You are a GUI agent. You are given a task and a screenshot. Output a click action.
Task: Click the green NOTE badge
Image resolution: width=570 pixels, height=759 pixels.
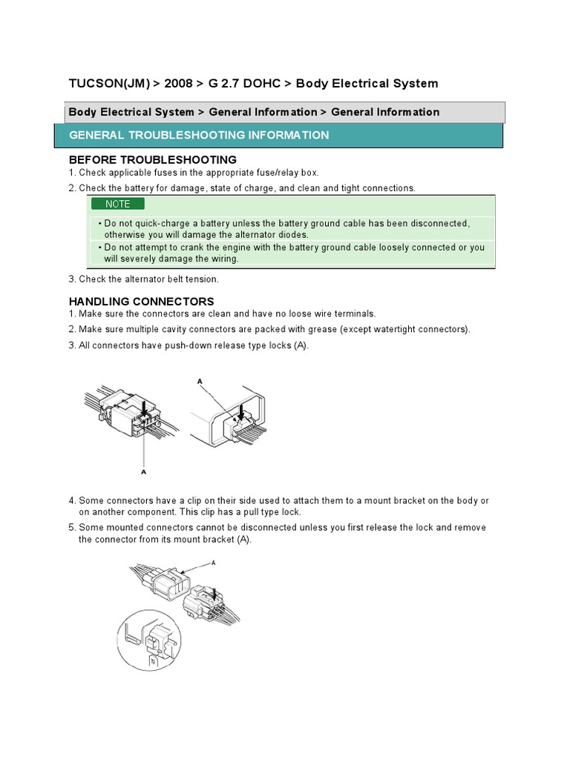[x=117, y=204]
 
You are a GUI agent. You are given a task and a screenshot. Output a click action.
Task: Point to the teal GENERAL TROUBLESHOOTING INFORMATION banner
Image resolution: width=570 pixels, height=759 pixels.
[x=278, y=136]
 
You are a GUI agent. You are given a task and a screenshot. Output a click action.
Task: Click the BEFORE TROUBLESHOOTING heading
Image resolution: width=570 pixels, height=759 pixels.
[x=152, y=159]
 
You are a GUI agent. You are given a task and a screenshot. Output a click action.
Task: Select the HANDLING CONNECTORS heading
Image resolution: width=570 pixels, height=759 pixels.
[x=141, y=301]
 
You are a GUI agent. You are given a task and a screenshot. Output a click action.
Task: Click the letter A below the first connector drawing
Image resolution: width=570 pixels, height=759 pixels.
[x=142, y=470]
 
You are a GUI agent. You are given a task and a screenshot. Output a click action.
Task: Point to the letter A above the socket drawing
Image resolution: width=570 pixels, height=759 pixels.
[x=199, y=380]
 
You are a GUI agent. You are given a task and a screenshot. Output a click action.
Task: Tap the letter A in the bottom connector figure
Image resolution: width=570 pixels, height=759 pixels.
[x=214, y=563]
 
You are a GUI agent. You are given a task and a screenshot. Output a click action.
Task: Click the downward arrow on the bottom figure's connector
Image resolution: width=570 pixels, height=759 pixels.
[x=215, y=593]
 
